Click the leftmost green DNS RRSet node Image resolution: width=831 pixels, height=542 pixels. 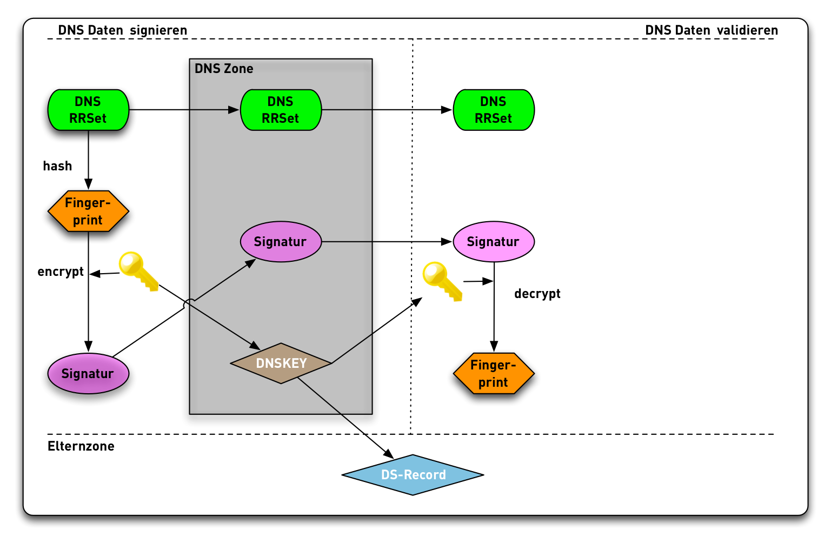point(88,110)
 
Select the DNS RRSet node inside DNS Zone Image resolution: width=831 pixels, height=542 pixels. point(281,110)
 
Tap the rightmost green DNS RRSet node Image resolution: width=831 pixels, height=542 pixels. point(493,110)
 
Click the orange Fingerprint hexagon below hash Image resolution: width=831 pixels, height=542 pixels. point(88,211)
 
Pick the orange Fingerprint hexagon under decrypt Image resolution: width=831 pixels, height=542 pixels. point(493,373)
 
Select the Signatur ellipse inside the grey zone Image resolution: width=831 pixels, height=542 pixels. point(281,242)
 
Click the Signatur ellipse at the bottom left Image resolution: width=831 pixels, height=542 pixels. point(88,373)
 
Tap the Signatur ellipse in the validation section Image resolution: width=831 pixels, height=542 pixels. point(493,242)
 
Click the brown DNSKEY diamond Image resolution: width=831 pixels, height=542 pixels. point(281,363)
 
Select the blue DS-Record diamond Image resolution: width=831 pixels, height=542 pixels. point(413,474)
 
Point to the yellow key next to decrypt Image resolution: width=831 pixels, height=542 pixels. point(442,280)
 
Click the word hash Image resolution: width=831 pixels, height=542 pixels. point(57,166)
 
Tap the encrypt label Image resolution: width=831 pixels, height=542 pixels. point(61,272)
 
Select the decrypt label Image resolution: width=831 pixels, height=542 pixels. point(537,294)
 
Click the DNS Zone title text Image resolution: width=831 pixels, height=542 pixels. point(224,69)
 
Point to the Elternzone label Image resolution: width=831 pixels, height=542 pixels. point(81,446)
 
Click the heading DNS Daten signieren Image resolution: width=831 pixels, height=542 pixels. point(123,30)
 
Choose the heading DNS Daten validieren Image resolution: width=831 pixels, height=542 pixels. point(712,30)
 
